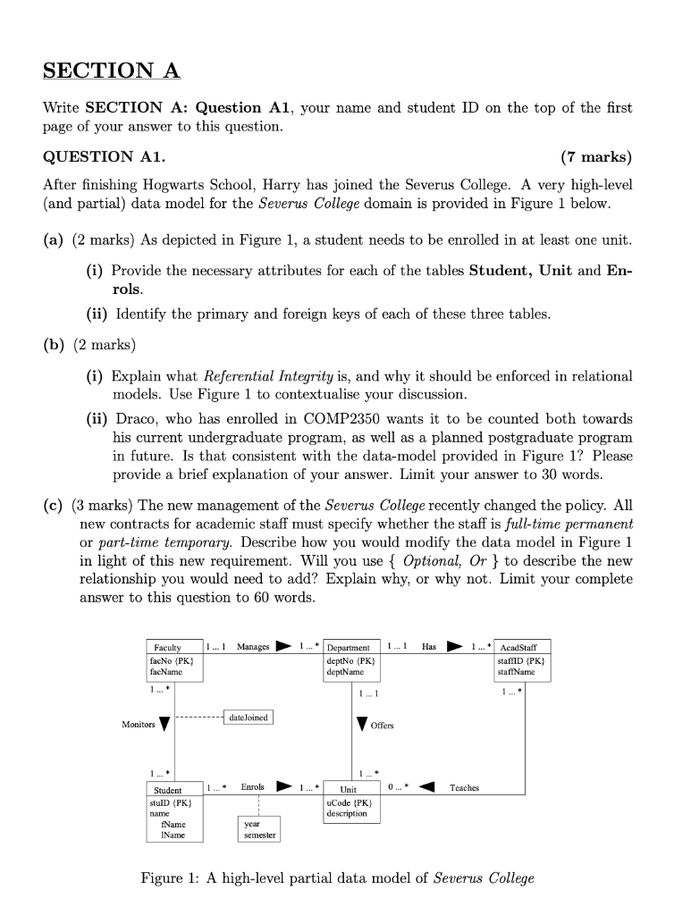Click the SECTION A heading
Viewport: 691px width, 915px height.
(112, 71)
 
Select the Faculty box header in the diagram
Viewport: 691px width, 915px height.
(168, 647)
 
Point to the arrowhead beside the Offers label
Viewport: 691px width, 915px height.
(361, 724)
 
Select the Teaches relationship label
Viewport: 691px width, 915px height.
(464, 787)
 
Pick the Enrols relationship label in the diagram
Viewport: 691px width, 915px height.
(252, 787)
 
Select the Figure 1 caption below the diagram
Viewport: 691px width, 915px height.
(337, 877)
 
